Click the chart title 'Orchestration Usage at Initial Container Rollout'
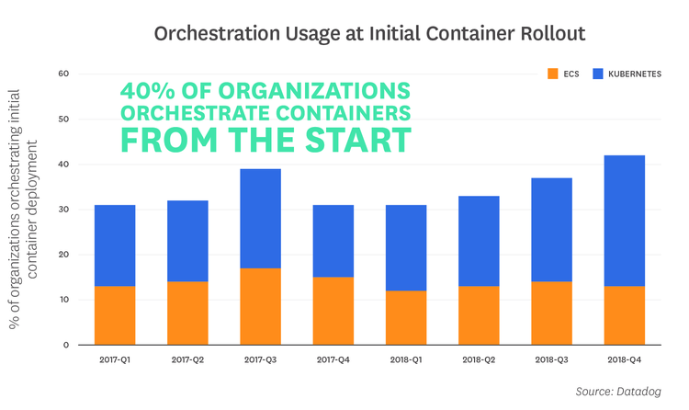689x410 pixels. click(368, 34)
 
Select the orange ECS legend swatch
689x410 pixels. click(552, 73)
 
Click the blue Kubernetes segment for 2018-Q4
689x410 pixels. click(625, 221)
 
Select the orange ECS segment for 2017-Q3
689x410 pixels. click(261, 306)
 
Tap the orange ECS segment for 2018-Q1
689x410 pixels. click(406, 317)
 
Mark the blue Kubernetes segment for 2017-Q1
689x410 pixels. click(115, 245)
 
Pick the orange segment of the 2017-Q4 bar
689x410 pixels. click(333, 311)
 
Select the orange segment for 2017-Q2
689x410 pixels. click(187, 313)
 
